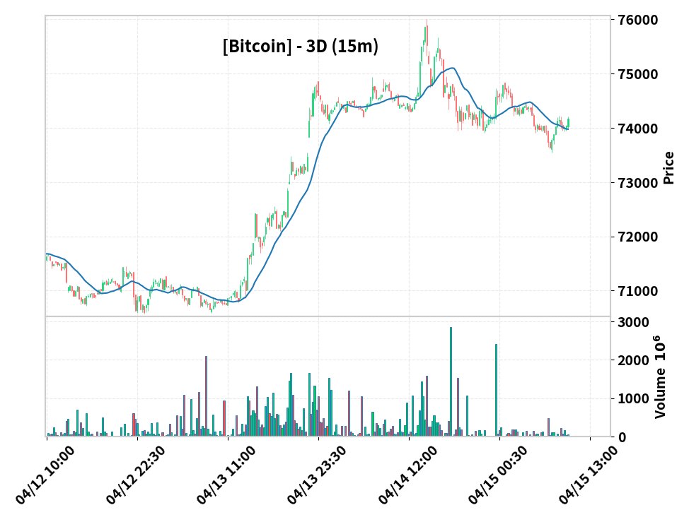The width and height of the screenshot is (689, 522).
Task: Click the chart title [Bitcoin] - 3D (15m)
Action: pyautogui.click(x=300, y=47)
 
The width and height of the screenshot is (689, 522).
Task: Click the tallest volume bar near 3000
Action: pyautogui.click(x=451, y=381)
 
